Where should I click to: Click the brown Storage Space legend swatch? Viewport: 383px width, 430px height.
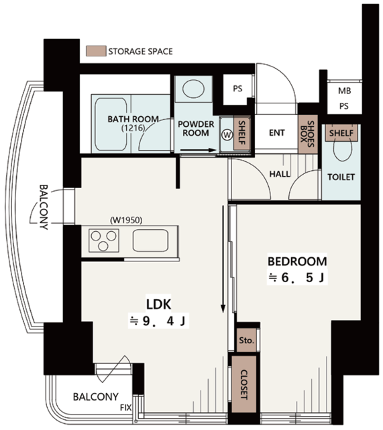96,51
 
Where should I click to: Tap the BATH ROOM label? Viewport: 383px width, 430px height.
133,120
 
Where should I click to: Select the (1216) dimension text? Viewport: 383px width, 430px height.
133,128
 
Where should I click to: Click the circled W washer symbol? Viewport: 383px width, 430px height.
227,134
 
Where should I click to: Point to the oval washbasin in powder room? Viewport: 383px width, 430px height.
193,89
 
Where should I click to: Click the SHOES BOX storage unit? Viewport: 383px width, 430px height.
308,134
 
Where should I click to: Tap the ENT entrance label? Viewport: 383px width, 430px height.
277,133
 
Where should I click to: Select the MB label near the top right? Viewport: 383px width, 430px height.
344,91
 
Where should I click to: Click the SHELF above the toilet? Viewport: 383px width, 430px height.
341,133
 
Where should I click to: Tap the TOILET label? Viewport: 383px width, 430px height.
341,177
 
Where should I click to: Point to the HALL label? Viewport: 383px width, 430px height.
280,174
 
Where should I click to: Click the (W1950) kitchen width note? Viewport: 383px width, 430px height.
126,220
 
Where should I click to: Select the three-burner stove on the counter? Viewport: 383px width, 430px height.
104,241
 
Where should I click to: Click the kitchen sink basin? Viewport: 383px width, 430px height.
150,241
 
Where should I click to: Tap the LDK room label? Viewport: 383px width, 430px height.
159,304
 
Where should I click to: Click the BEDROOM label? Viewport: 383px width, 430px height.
297,261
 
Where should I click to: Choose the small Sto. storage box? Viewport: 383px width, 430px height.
246,340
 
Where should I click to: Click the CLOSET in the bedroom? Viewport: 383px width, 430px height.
244,384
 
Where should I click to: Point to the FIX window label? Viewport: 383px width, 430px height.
126,408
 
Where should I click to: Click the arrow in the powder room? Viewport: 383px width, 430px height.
199,150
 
